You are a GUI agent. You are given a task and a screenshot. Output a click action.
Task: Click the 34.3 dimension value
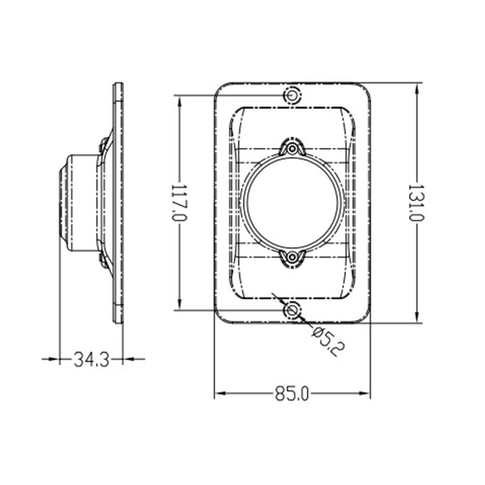91,359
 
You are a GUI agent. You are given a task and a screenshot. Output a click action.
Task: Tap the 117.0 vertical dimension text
180,202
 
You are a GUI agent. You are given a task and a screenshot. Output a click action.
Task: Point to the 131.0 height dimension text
417,202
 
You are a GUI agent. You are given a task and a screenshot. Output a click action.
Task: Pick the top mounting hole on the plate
292,95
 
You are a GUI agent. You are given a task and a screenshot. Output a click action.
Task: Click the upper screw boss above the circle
292,149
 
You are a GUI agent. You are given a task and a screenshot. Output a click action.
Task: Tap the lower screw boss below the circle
292,258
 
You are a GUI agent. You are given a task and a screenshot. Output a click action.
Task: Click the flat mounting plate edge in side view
118,203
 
